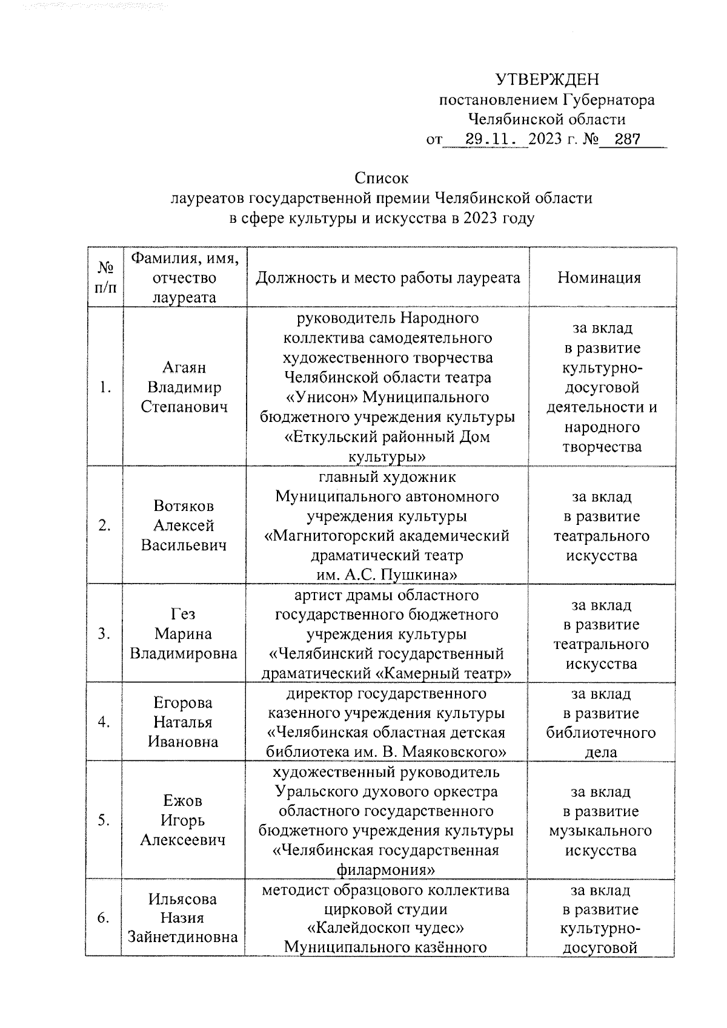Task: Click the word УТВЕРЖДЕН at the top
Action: (x=547, y=79)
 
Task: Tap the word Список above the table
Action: (x=382, y=179)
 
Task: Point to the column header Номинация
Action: (x=599, y=278)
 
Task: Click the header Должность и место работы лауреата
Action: (x=388, y=278)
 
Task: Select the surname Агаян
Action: (x=184, y=367)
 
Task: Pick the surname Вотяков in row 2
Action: (x=184, y=506)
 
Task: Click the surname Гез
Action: (x=184, y=614)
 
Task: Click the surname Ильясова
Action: (x=182, y=898)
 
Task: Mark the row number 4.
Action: (x=104, y=722)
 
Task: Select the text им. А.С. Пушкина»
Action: (x=387, y=574)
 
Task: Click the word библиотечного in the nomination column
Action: (x=601, y=733)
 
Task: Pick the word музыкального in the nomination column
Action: (x=600, y=831)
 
